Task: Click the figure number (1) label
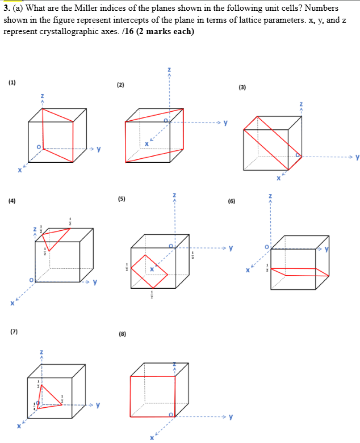(12, 83)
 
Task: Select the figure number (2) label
(120, 85)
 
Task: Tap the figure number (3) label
(242, 87)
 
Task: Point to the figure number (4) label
(12, 200)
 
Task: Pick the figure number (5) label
(121, 199)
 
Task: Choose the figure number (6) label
(231, 201)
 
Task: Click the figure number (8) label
(122, 334)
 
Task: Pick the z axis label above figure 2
(169, 70)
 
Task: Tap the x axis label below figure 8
(152, 438)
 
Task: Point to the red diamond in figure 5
(150, 272)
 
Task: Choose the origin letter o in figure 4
(31, 280)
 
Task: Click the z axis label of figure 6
(270, 196)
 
